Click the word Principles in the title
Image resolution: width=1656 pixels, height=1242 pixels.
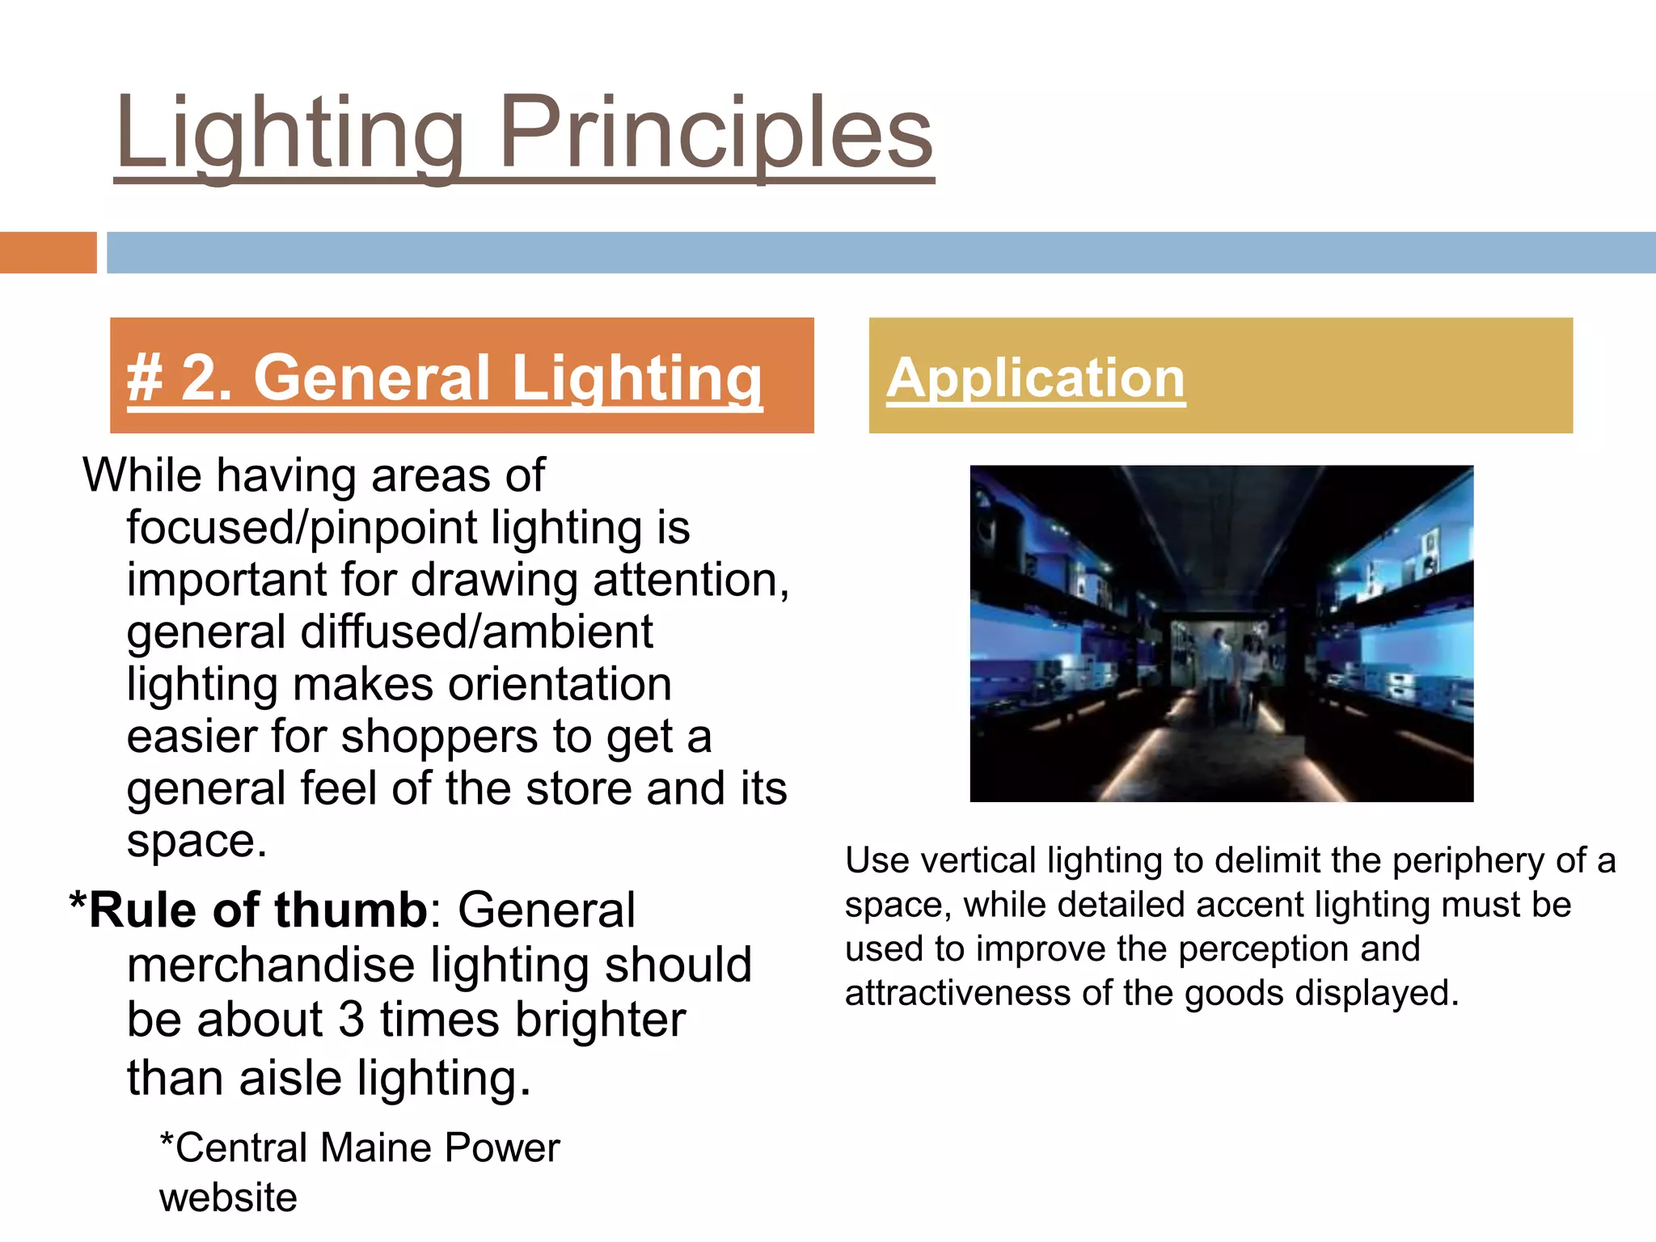(716, 133)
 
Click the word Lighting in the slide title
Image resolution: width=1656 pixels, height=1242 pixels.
(291, 133)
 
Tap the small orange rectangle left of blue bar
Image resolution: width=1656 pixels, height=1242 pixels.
(48, 252)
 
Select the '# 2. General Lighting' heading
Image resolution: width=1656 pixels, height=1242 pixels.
(445, 378)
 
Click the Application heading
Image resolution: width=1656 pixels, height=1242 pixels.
(1036, 378)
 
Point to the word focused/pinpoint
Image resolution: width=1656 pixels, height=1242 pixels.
(302, 528)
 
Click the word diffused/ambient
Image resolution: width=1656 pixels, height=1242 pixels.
(476, 632)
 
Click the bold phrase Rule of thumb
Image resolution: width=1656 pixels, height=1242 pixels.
(257, 910)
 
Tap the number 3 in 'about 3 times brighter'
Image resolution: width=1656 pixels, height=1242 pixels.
(351, 1020)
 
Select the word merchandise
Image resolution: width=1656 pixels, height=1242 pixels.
(271, 965)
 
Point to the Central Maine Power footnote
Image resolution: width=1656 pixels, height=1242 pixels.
(360, 1148)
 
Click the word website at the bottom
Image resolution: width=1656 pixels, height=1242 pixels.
(228, 1198)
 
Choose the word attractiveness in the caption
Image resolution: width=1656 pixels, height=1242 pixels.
(957, 993)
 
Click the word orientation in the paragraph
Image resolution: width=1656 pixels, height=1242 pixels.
(560, 684)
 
